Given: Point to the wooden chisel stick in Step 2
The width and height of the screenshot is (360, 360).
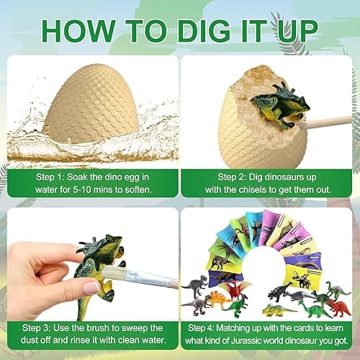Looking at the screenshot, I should point(328,122).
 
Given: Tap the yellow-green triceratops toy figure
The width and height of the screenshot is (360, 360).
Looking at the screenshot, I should point(277,310).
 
